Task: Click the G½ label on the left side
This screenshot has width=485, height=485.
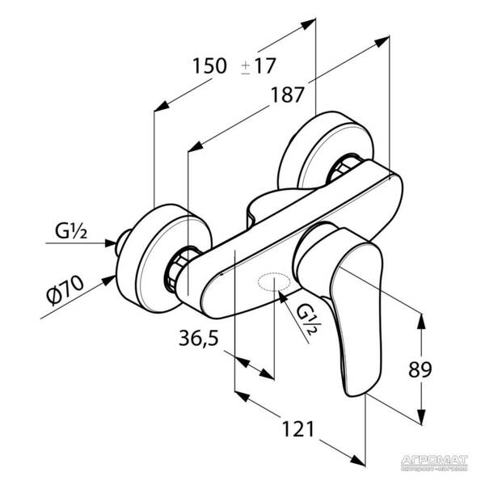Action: [72, 234]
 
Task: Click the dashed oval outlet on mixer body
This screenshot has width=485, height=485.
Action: [272, 283]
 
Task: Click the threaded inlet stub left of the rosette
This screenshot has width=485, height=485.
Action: [124, 241]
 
